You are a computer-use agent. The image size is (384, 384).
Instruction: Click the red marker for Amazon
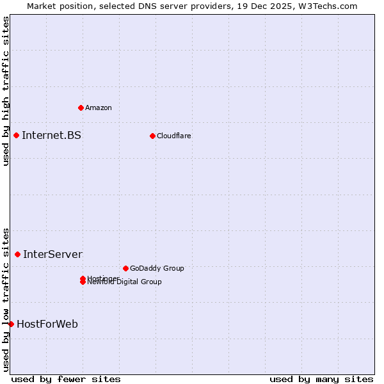coord(81,108)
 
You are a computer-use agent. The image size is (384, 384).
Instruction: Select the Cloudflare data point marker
coord(152,136)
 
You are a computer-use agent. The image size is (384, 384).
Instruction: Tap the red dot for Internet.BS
coord(16,135)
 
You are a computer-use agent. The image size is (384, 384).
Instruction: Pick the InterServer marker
coord(17,254)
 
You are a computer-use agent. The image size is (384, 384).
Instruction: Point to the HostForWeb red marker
coord(11,324)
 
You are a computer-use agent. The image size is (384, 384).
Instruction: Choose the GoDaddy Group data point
coord(125,268)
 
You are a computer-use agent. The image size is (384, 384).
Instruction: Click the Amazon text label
coord(99,108)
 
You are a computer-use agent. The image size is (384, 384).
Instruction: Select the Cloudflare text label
coord(174,136)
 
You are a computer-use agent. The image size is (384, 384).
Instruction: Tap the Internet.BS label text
coord(51,135)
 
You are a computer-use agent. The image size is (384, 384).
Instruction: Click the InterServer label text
coord(52,254)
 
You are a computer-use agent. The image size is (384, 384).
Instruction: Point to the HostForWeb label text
coord(47,324)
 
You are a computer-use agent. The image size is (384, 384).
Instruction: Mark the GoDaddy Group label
coord(157,268)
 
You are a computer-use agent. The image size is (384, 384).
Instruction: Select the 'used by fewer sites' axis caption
coord(66,379)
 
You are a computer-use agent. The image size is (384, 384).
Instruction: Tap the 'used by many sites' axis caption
coord(321,379)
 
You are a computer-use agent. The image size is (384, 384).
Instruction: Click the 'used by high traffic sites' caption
coord(6,91)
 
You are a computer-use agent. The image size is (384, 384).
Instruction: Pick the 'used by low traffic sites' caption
coord(6,300)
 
